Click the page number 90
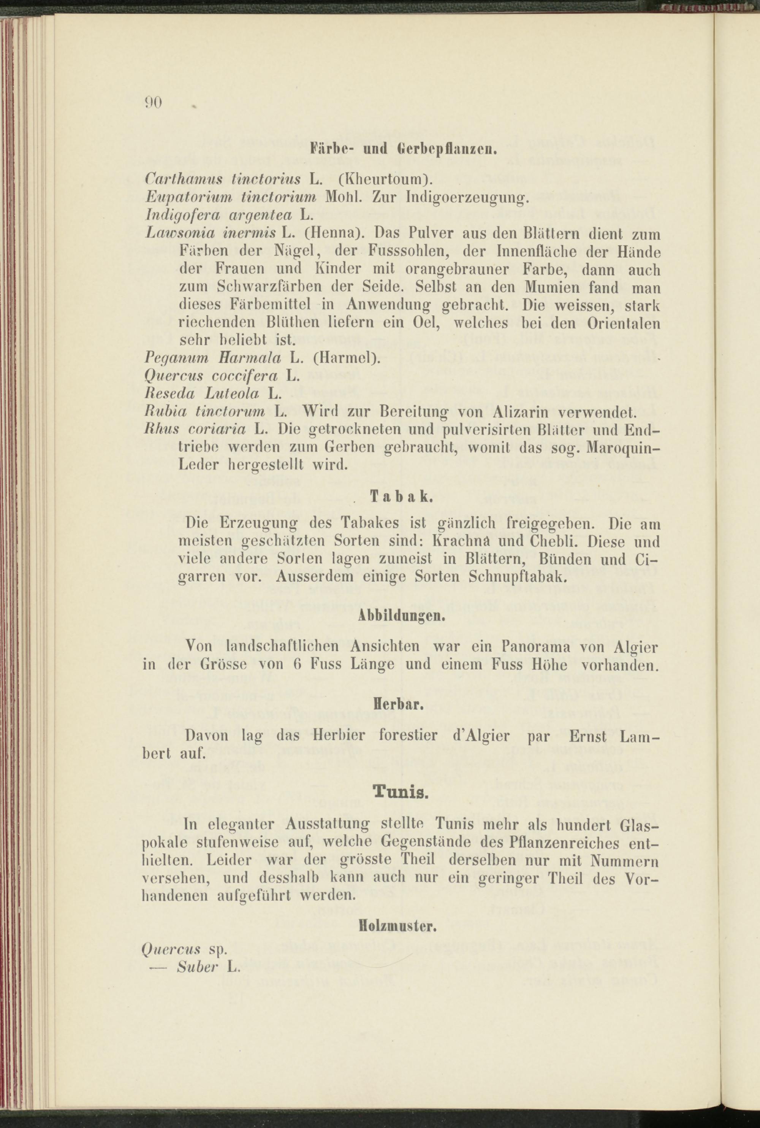(153, 102)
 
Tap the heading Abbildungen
(401, 616)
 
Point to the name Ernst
(587, 736)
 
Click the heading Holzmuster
(398, 926)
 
